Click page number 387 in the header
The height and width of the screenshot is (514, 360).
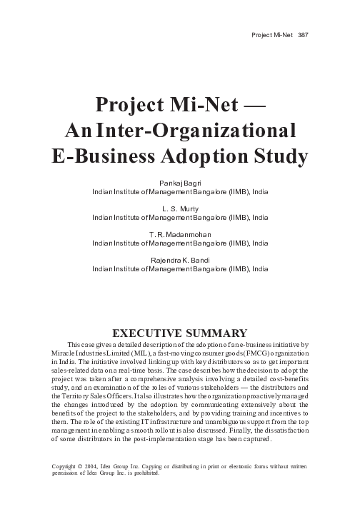tap(303, 36)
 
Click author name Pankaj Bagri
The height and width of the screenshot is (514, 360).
tap(180, 184)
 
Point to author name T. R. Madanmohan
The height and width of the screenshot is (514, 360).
tap(180, 235)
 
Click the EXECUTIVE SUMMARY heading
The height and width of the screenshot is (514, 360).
tap(180, 332)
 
